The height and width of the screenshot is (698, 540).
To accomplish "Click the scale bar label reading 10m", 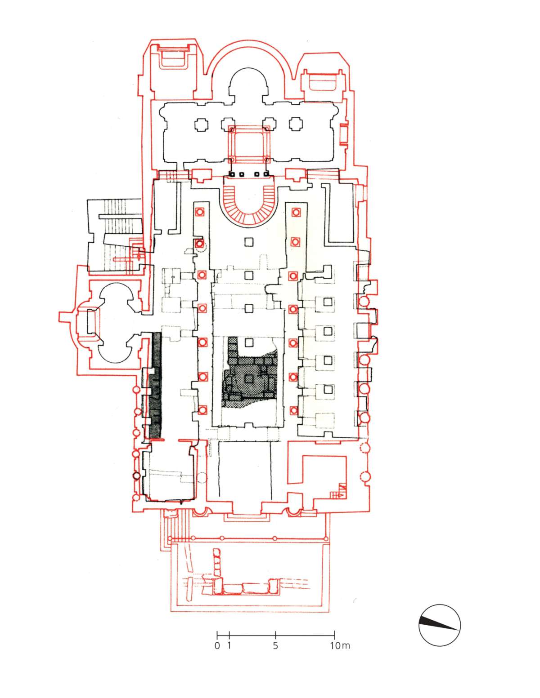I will point(340,646).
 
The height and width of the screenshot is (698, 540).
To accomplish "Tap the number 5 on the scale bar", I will point(275,646).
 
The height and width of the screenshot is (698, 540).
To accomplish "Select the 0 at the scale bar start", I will point(217,646).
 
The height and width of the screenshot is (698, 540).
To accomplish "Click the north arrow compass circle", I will point(439,625).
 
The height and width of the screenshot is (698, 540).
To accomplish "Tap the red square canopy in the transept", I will point(249,144).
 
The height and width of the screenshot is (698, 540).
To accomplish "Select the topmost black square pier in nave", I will point(249,242).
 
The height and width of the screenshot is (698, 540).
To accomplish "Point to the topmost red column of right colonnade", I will point(296,212).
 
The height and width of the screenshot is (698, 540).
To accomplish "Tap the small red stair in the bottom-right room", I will point(337,493).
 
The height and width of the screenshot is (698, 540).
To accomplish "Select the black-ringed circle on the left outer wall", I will point(136,475).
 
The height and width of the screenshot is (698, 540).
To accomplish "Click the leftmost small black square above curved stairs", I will point(231,174).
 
